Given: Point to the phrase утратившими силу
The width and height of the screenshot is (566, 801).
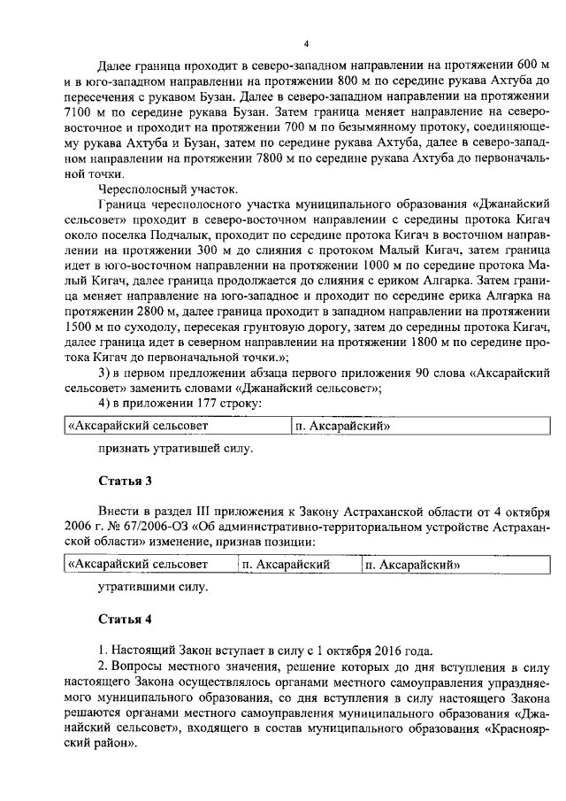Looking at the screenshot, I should [153, 587].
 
